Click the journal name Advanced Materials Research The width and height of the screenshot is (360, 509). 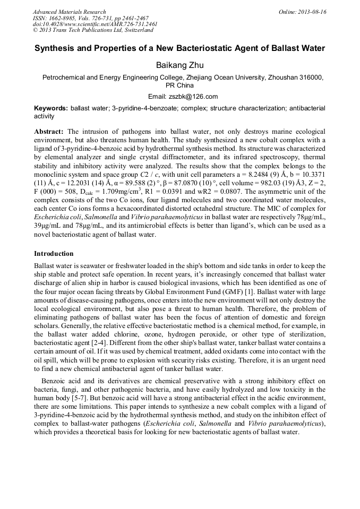[69, 12]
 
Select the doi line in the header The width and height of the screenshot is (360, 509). [95, 24]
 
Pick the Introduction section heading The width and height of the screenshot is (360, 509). [54, 254]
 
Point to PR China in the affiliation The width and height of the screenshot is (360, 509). [179, 85]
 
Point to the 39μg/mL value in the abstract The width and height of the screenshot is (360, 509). [46, 225]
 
